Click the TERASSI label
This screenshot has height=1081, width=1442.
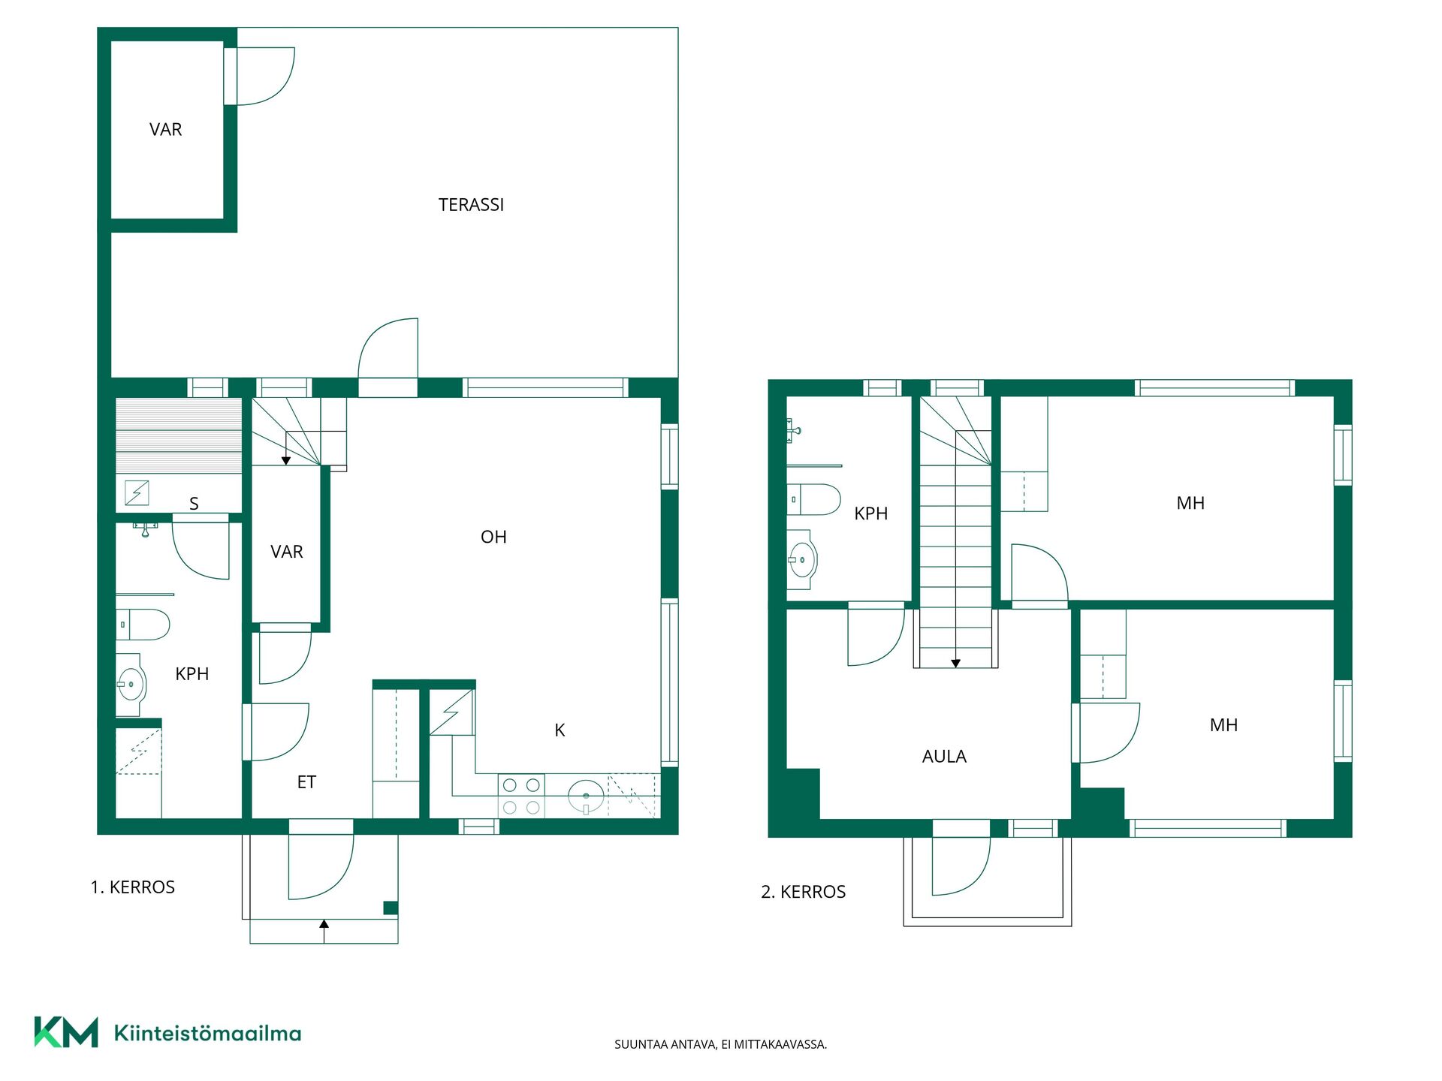[471, 205]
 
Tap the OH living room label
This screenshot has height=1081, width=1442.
[493, 537]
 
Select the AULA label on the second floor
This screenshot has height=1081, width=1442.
[944, 757]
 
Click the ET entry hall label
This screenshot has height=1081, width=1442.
[306, 782]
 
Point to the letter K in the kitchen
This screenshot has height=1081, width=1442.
[560, 730]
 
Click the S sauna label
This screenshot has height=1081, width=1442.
[194, 504]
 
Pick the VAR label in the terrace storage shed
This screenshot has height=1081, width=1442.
[165, 130]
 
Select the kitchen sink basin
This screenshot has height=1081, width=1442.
[586, 796]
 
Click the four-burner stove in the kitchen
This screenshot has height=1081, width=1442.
[521, 796]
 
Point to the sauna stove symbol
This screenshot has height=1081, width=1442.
[137, 493]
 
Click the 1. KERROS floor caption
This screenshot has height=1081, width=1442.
[132, 887]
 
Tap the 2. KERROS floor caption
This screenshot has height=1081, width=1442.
[803, 892]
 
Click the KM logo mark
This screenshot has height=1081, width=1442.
[66, 1032]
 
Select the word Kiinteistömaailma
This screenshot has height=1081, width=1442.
[207, 1033]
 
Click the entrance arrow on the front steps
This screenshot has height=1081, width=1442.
[324, 931]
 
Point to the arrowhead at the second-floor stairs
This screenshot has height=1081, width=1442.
[955, 664]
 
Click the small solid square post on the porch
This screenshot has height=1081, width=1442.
[391, 908]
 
